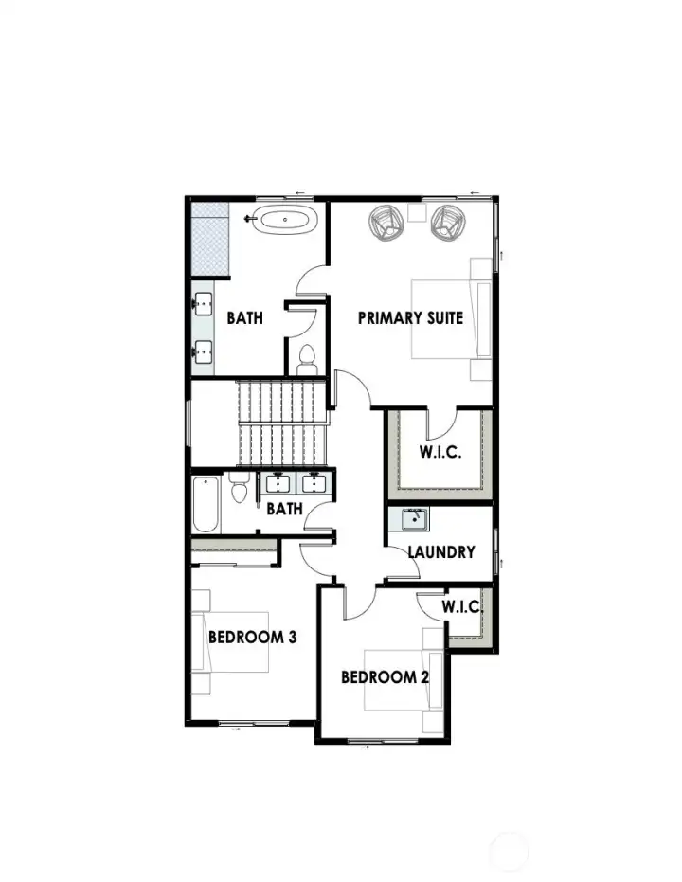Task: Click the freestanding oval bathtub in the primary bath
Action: (286, 223)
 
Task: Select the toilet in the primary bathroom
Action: (306, 358)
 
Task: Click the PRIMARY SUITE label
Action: (410, 317)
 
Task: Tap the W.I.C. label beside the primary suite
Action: (440, 452)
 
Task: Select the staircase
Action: (281, 423)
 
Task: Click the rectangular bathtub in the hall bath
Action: (206, 504)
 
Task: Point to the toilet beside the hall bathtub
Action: (240, 489)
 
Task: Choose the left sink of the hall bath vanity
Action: (278, 484)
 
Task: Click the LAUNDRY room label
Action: (441, 551)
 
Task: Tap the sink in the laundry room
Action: (414, 520)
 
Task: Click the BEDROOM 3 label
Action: (252, 637)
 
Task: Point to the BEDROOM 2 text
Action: (386, 677)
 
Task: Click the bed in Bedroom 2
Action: (404, 679)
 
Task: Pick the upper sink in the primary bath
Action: (203, 305)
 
